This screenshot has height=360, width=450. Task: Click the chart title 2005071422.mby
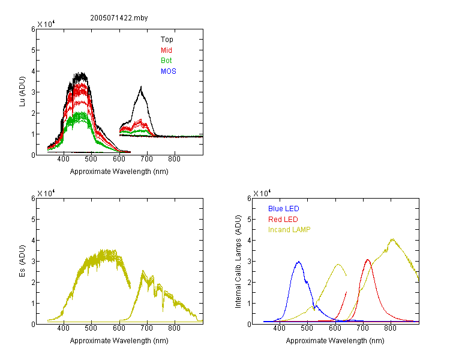tap(119, 18)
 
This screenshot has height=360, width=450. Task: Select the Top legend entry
tap(167, 40)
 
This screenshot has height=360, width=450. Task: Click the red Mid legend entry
tap(166, 50)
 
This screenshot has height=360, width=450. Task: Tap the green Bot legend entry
tap(166, 61)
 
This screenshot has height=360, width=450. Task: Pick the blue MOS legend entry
tap(168, 71)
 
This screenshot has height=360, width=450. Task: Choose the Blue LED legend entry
tap(284, 209)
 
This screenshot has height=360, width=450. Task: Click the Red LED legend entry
tap(283, 220)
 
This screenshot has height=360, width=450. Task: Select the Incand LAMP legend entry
tap(289, 230)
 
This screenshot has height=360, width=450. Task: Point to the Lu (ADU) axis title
tap(22, 92)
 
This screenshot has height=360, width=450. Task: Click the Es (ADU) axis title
tap(22, 261)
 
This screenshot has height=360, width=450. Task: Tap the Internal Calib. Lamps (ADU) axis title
tap(238, 261)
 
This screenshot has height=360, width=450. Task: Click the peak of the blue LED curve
tap(299, 262)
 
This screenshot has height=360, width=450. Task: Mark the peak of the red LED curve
tap(368, 260)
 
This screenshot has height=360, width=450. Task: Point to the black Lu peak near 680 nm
tap(141, 86)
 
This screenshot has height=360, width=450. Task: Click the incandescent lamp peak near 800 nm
tap(392, 239)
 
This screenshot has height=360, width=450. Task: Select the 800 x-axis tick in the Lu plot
tap(174, 160)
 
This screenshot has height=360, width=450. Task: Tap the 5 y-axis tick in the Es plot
tap(33, 220)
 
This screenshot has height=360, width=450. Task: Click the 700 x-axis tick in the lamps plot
tap(362, 328)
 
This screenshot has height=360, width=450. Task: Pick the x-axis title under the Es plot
tap(119, 341)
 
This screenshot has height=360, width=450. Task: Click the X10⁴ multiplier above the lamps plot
tap(262, 193)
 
